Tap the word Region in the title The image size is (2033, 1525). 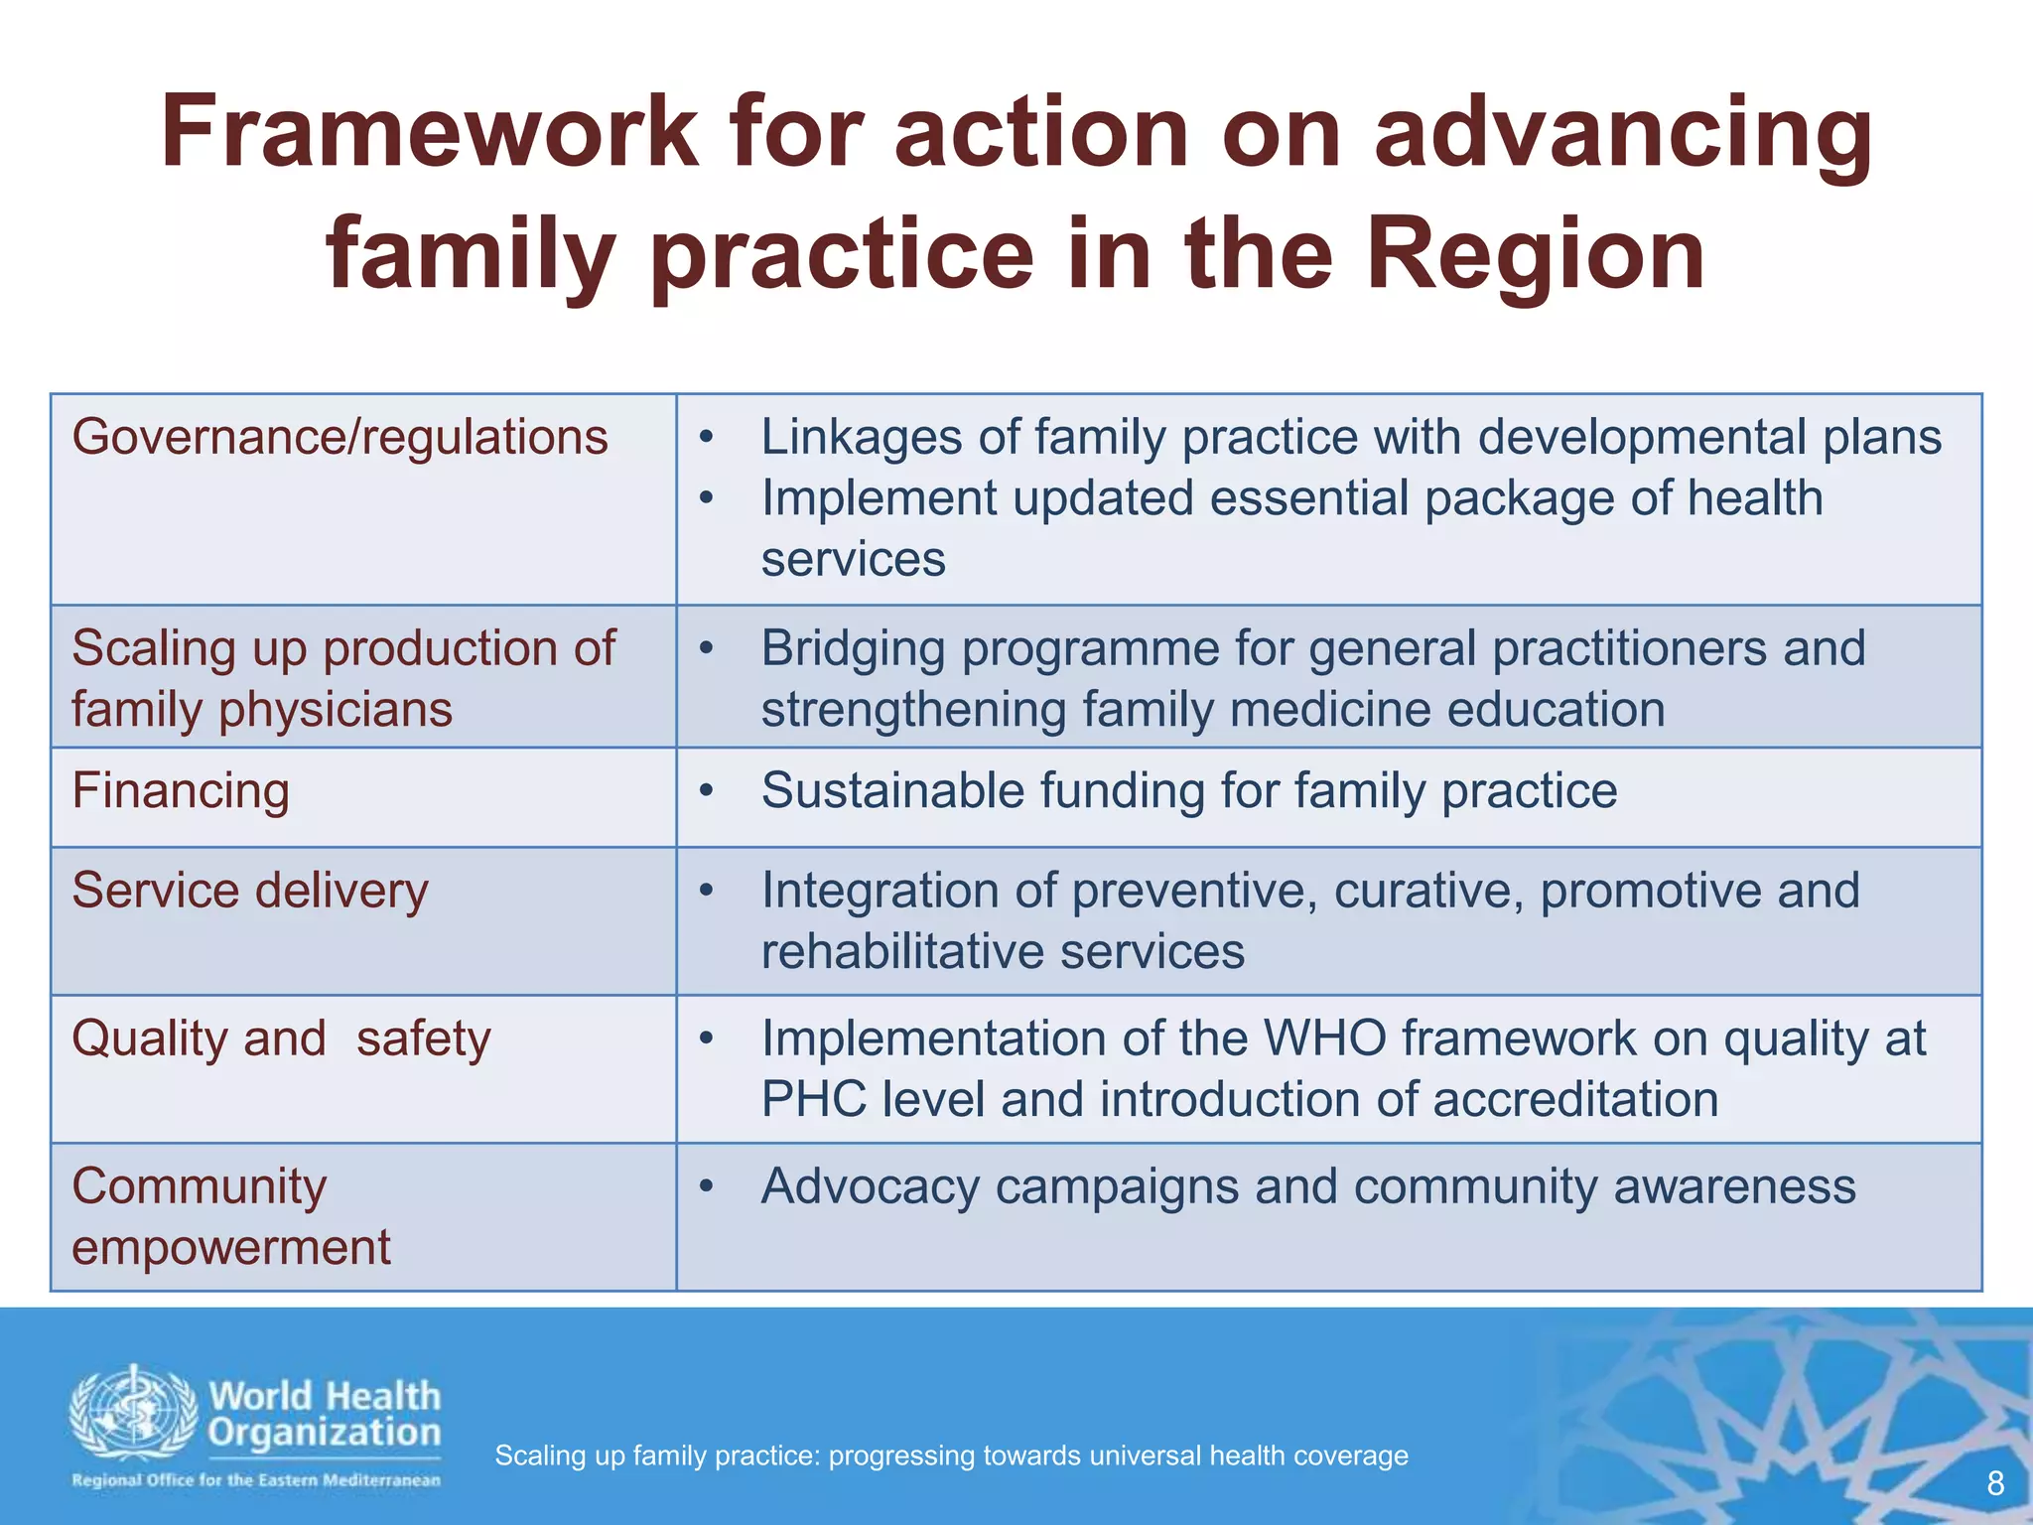click(1535, 255)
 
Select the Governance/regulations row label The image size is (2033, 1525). click(339, 438)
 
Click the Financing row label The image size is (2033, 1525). click(181, 792)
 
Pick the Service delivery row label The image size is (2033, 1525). click(250, 891)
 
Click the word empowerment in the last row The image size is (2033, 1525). click(231, 1248)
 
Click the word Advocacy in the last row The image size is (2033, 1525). click(870, 1187)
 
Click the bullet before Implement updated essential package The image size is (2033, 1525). click(706, 498)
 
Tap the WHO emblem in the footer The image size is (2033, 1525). click(133, 1412)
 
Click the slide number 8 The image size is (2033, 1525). click(1995, 1484)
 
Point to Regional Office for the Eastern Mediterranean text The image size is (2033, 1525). click(256, 1480)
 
